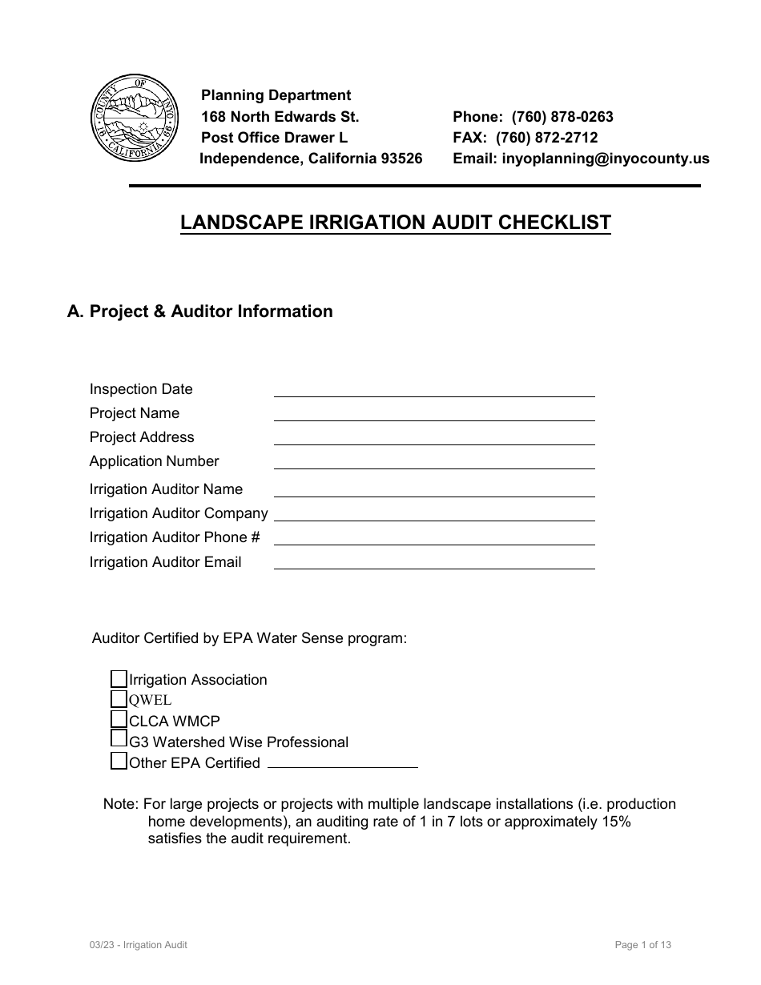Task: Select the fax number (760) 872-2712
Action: tap(546, 138)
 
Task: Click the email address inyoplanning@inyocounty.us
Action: tap(606, 159)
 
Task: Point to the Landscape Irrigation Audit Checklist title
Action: tap(396, 223)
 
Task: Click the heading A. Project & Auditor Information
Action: tap(199, 312)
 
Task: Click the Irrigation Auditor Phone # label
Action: tap(175, 537)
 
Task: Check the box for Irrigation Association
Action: tap(119, 679)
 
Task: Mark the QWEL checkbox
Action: tap(119, 699)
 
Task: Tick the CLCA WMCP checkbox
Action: tap(119, 719)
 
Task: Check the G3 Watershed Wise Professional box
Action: tap(119, 739)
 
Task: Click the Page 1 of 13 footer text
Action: tap(642, 945)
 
